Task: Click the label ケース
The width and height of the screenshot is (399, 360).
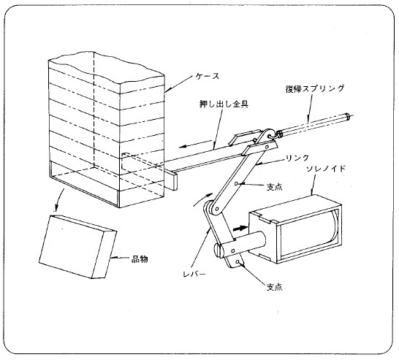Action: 208,76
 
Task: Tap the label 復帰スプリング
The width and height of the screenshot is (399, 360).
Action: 315,88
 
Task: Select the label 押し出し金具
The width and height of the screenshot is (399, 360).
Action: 224,104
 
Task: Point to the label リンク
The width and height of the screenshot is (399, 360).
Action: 297,158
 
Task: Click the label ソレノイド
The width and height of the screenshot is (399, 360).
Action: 326,169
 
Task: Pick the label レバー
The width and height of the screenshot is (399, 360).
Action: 194,275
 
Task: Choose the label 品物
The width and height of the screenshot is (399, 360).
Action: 140,259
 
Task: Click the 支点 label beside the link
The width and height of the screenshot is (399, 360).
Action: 274,188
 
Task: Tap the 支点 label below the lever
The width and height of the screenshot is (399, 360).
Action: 274,287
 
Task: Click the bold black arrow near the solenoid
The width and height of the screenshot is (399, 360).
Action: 240,228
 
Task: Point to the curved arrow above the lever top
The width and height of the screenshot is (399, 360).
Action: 202,199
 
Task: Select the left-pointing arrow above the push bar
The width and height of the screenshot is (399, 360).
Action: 194,144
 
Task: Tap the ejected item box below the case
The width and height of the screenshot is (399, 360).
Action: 77,247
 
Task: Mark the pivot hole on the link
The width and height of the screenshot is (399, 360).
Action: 237,183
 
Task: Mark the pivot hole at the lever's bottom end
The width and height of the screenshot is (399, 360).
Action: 237,261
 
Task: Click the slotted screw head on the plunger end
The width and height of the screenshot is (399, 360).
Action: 218,251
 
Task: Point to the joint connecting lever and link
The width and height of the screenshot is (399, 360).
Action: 217,209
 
